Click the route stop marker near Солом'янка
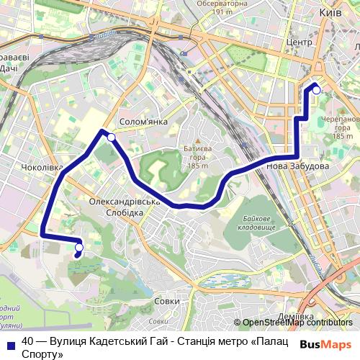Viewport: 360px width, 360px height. tap(111, 137)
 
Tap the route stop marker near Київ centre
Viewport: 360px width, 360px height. tap(315, 90)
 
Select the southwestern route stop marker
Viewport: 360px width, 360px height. tap(78, 248)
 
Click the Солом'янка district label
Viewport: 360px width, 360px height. tap(144, 122)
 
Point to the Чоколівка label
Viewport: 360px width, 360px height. tap(42, 168)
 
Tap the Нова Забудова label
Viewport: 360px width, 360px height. tap(298, 166)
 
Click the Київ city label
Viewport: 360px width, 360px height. tap(330, 13)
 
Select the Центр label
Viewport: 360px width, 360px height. tap(298, 42)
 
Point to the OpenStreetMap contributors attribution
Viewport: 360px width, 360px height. tap(297, 323)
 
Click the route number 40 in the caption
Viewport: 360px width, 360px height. tap(28, 341)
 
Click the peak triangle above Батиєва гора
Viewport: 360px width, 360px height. tap(197, 140)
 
